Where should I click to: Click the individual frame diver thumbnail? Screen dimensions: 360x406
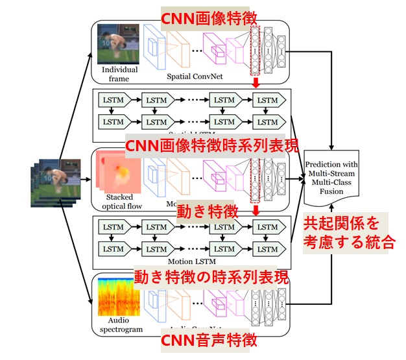[113, 44]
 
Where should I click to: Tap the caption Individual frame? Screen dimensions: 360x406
[115, 73]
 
